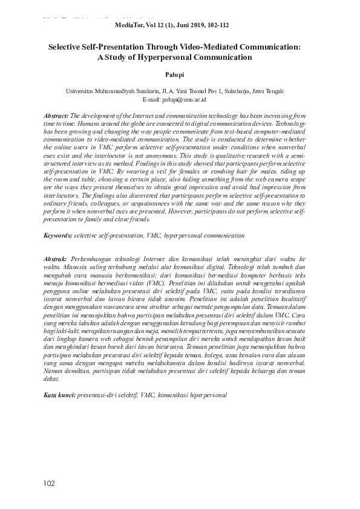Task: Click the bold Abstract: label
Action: (56, 114)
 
